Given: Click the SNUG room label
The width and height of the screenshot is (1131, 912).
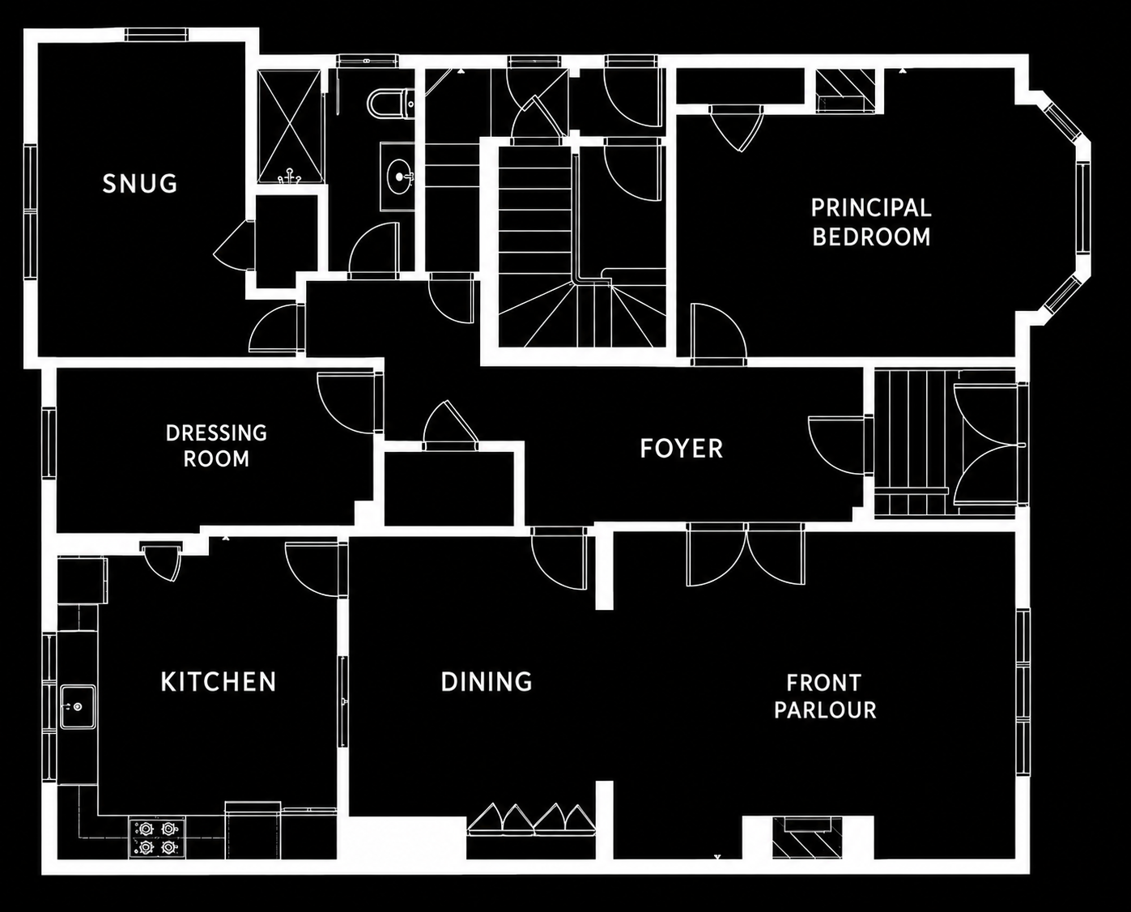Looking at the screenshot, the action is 140,184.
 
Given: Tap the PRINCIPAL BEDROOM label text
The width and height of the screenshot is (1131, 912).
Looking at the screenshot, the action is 871,223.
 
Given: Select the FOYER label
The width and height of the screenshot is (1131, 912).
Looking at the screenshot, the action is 681,449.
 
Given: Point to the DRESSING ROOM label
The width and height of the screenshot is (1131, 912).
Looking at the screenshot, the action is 216,446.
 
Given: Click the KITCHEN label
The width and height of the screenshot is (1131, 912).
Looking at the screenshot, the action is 218,682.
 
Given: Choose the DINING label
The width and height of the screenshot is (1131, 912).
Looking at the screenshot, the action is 486,682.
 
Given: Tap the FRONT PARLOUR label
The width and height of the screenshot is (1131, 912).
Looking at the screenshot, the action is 825,697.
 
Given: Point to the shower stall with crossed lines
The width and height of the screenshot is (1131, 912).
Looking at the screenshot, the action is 290,126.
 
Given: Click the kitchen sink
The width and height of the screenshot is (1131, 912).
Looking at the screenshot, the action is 77,706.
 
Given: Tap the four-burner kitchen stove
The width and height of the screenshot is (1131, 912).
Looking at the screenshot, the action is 157,838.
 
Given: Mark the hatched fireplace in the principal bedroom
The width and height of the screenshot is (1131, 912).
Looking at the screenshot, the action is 846,91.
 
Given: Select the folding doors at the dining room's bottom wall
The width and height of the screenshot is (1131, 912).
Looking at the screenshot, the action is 531,820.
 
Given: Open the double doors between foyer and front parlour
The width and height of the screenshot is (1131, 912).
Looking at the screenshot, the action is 746,554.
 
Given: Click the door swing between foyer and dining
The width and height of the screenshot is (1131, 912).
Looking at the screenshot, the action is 558,559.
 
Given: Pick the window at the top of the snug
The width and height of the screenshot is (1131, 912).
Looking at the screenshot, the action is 156,35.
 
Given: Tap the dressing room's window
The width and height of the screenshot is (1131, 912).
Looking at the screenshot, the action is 49,442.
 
